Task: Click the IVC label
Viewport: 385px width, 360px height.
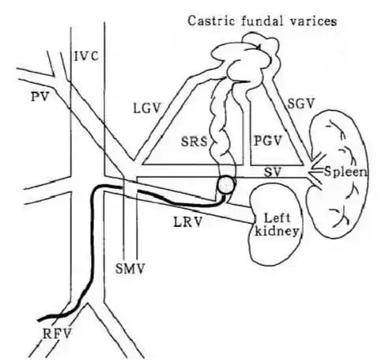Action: point(86,56)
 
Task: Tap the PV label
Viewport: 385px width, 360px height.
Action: point(40,97)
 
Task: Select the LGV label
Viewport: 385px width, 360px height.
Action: point(147,108)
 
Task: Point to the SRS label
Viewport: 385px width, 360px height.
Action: point(194,142)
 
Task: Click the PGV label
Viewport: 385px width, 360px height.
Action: point(267,140)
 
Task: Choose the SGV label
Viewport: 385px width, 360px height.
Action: point(301,104)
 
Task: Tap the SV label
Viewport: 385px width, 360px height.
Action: point(273,172)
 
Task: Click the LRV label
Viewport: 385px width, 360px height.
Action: point(188,222)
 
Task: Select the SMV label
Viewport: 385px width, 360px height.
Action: point(130,269)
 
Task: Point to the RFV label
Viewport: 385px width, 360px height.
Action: point(57,334)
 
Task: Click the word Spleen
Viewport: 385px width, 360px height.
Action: point(345,172)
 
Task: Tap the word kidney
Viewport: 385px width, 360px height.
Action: point(277,231)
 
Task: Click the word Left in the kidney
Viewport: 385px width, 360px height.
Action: point(277,218)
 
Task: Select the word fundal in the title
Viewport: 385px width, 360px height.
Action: point(262,21)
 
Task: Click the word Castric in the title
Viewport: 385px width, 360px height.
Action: point(211,21)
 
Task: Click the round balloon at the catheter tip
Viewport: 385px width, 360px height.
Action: point(225,184)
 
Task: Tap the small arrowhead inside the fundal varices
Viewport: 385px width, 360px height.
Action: point(259,47)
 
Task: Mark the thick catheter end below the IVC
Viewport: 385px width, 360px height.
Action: point(39,320)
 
